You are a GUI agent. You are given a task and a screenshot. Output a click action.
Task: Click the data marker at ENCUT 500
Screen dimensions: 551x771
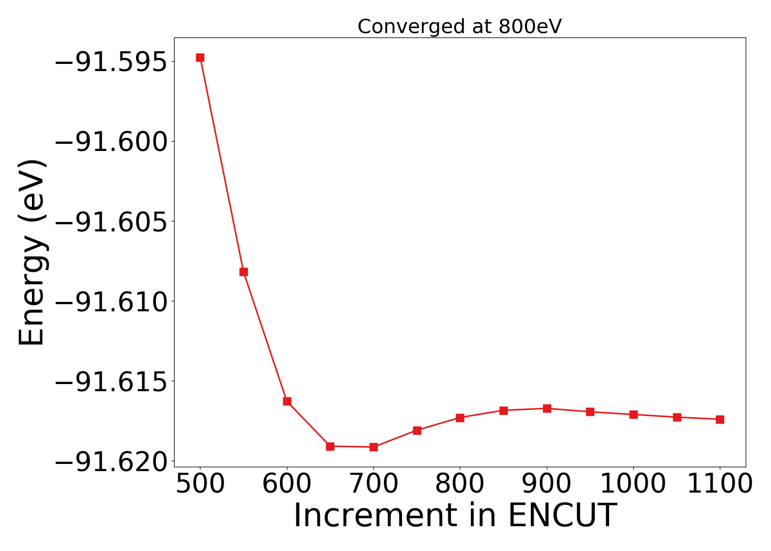200,57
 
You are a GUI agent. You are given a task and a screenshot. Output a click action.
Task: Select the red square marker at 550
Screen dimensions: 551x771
243,272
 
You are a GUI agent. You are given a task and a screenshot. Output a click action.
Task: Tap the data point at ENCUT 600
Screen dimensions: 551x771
287,401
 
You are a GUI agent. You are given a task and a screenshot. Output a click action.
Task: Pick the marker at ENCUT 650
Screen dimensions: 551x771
330,446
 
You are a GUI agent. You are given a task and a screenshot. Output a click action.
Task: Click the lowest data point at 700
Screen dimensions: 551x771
373,447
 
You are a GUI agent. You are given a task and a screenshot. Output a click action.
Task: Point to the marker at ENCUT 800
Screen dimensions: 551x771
460,418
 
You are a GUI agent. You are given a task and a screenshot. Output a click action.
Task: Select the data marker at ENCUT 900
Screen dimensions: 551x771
547,408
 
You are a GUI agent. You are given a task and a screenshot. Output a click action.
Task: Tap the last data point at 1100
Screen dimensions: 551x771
720,419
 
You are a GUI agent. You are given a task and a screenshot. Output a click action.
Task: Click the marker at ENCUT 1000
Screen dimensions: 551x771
633,414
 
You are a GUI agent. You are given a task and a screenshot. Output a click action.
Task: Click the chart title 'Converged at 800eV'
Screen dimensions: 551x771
459,26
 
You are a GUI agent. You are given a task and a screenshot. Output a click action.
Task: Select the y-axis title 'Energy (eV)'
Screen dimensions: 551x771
31,252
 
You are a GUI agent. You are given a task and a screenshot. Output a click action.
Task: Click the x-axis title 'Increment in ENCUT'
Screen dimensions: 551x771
455,516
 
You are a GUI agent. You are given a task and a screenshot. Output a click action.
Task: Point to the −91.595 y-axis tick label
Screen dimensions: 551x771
110,62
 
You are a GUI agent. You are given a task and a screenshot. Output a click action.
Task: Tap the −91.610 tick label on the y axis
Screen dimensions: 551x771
110,301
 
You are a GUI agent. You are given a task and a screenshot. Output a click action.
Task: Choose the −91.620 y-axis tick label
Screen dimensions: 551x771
110,462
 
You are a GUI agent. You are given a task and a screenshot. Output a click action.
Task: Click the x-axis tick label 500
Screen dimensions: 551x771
200,484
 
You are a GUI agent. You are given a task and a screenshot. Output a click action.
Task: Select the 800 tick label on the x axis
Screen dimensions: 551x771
460,484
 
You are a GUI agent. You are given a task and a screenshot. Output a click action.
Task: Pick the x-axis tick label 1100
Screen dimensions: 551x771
720,484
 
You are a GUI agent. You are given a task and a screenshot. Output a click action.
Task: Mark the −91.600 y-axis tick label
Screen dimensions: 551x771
110,142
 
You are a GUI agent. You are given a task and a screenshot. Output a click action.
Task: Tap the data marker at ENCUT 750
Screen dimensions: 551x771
417,430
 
